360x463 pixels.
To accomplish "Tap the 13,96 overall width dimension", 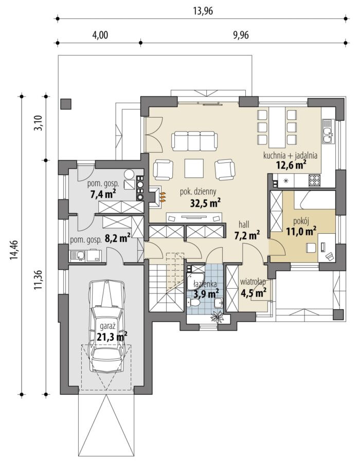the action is [203, 11].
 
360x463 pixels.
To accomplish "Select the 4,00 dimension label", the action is [100, 35].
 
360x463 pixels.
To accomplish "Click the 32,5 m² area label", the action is [205, 203].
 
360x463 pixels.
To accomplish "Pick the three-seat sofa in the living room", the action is [194, 141].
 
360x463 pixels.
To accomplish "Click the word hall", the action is [244, 225].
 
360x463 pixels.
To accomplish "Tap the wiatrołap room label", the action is [253, 282].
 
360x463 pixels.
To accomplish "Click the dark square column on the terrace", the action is [66, 104].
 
